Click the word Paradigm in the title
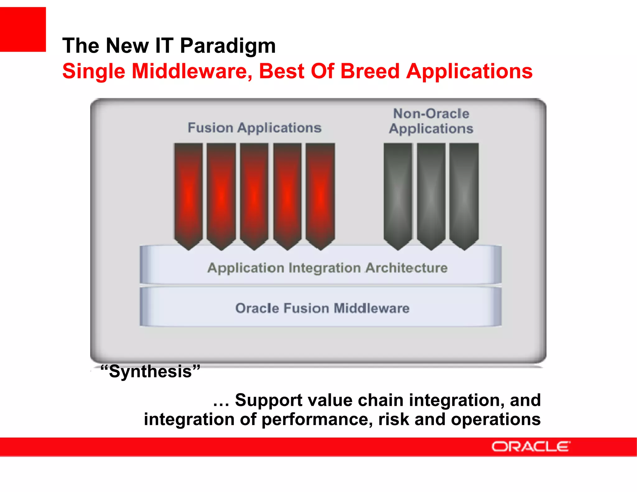point(228,46)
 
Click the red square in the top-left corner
point(23,29)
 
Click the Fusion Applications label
point(254,128)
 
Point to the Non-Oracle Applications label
point(431,121)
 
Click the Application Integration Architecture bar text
point(327,268)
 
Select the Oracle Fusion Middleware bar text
point(322,308)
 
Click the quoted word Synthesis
point(150,371)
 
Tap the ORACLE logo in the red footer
point(531,447)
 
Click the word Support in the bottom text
point(268,400)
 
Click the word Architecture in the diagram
point(406,268)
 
